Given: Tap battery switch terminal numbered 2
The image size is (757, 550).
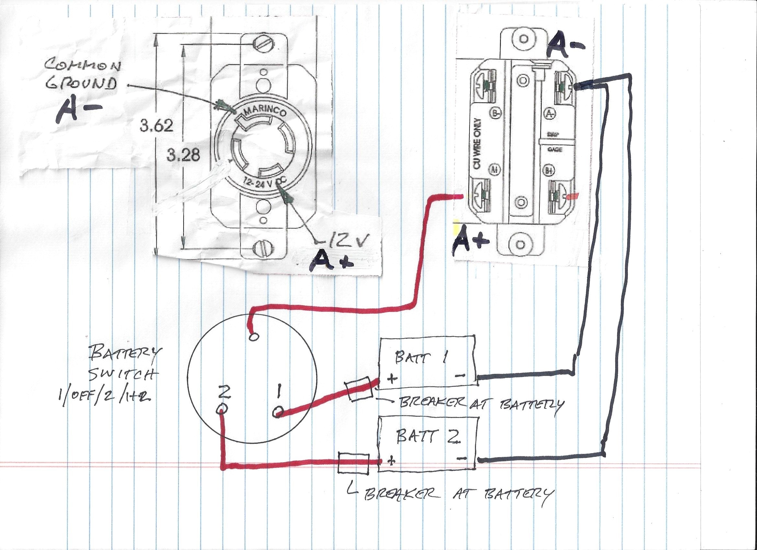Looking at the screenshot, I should click(223, 409).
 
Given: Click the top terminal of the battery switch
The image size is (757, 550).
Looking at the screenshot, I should click(253, 337).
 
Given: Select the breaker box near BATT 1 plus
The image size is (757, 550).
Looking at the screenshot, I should click(359, 389).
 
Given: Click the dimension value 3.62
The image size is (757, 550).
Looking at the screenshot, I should click(156, 126).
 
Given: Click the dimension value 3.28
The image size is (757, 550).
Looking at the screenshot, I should click(183, 155).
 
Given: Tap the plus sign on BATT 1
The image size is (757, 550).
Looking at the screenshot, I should click(392, 379).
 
